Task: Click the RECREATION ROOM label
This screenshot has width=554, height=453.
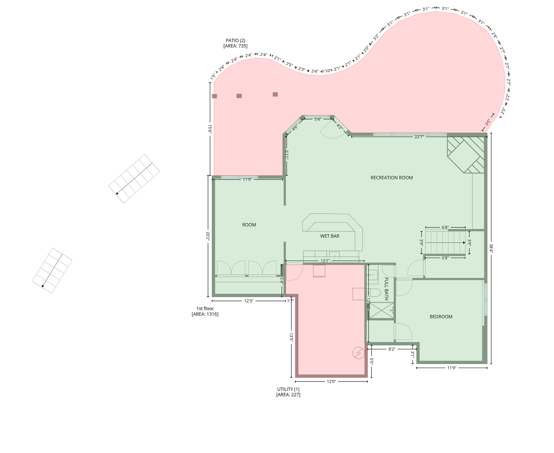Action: tap(391, 178)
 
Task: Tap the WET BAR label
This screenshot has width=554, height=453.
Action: tap(330, 236)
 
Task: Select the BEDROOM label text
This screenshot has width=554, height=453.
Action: tap(441, 317)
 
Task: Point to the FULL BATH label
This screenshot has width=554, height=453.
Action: tap(386, 289)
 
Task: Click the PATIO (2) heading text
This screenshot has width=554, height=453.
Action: tap(235, 40)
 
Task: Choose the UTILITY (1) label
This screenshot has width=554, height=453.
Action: tap(288, 389)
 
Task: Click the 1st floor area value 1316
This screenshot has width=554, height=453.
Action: tap(212, 314)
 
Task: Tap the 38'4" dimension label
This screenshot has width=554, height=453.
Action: tap(491, 248)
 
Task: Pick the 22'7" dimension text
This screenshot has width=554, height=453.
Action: tap(419, 137)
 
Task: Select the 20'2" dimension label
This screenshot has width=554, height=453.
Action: tap(208, 236)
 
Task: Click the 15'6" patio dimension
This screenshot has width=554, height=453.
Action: tap(210, 129)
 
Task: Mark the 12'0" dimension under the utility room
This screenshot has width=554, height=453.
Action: tap(331, 381)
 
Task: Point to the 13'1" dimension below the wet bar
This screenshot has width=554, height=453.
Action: tap(325, 261)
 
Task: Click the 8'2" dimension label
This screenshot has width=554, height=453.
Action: tap(392, 349)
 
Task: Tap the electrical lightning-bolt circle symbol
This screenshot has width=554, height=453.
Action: tap(358, 353)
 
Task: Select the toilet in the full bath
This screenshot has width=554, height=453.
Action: tap(374, 293)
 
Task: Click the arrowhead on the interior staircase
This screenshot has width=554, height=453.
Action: tap(464, 243)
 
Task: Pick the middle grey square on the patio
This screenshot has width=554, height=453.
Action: tap(239, 96)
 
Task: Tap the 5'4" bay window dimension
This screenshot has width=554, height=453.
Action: tap(317, 119)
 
